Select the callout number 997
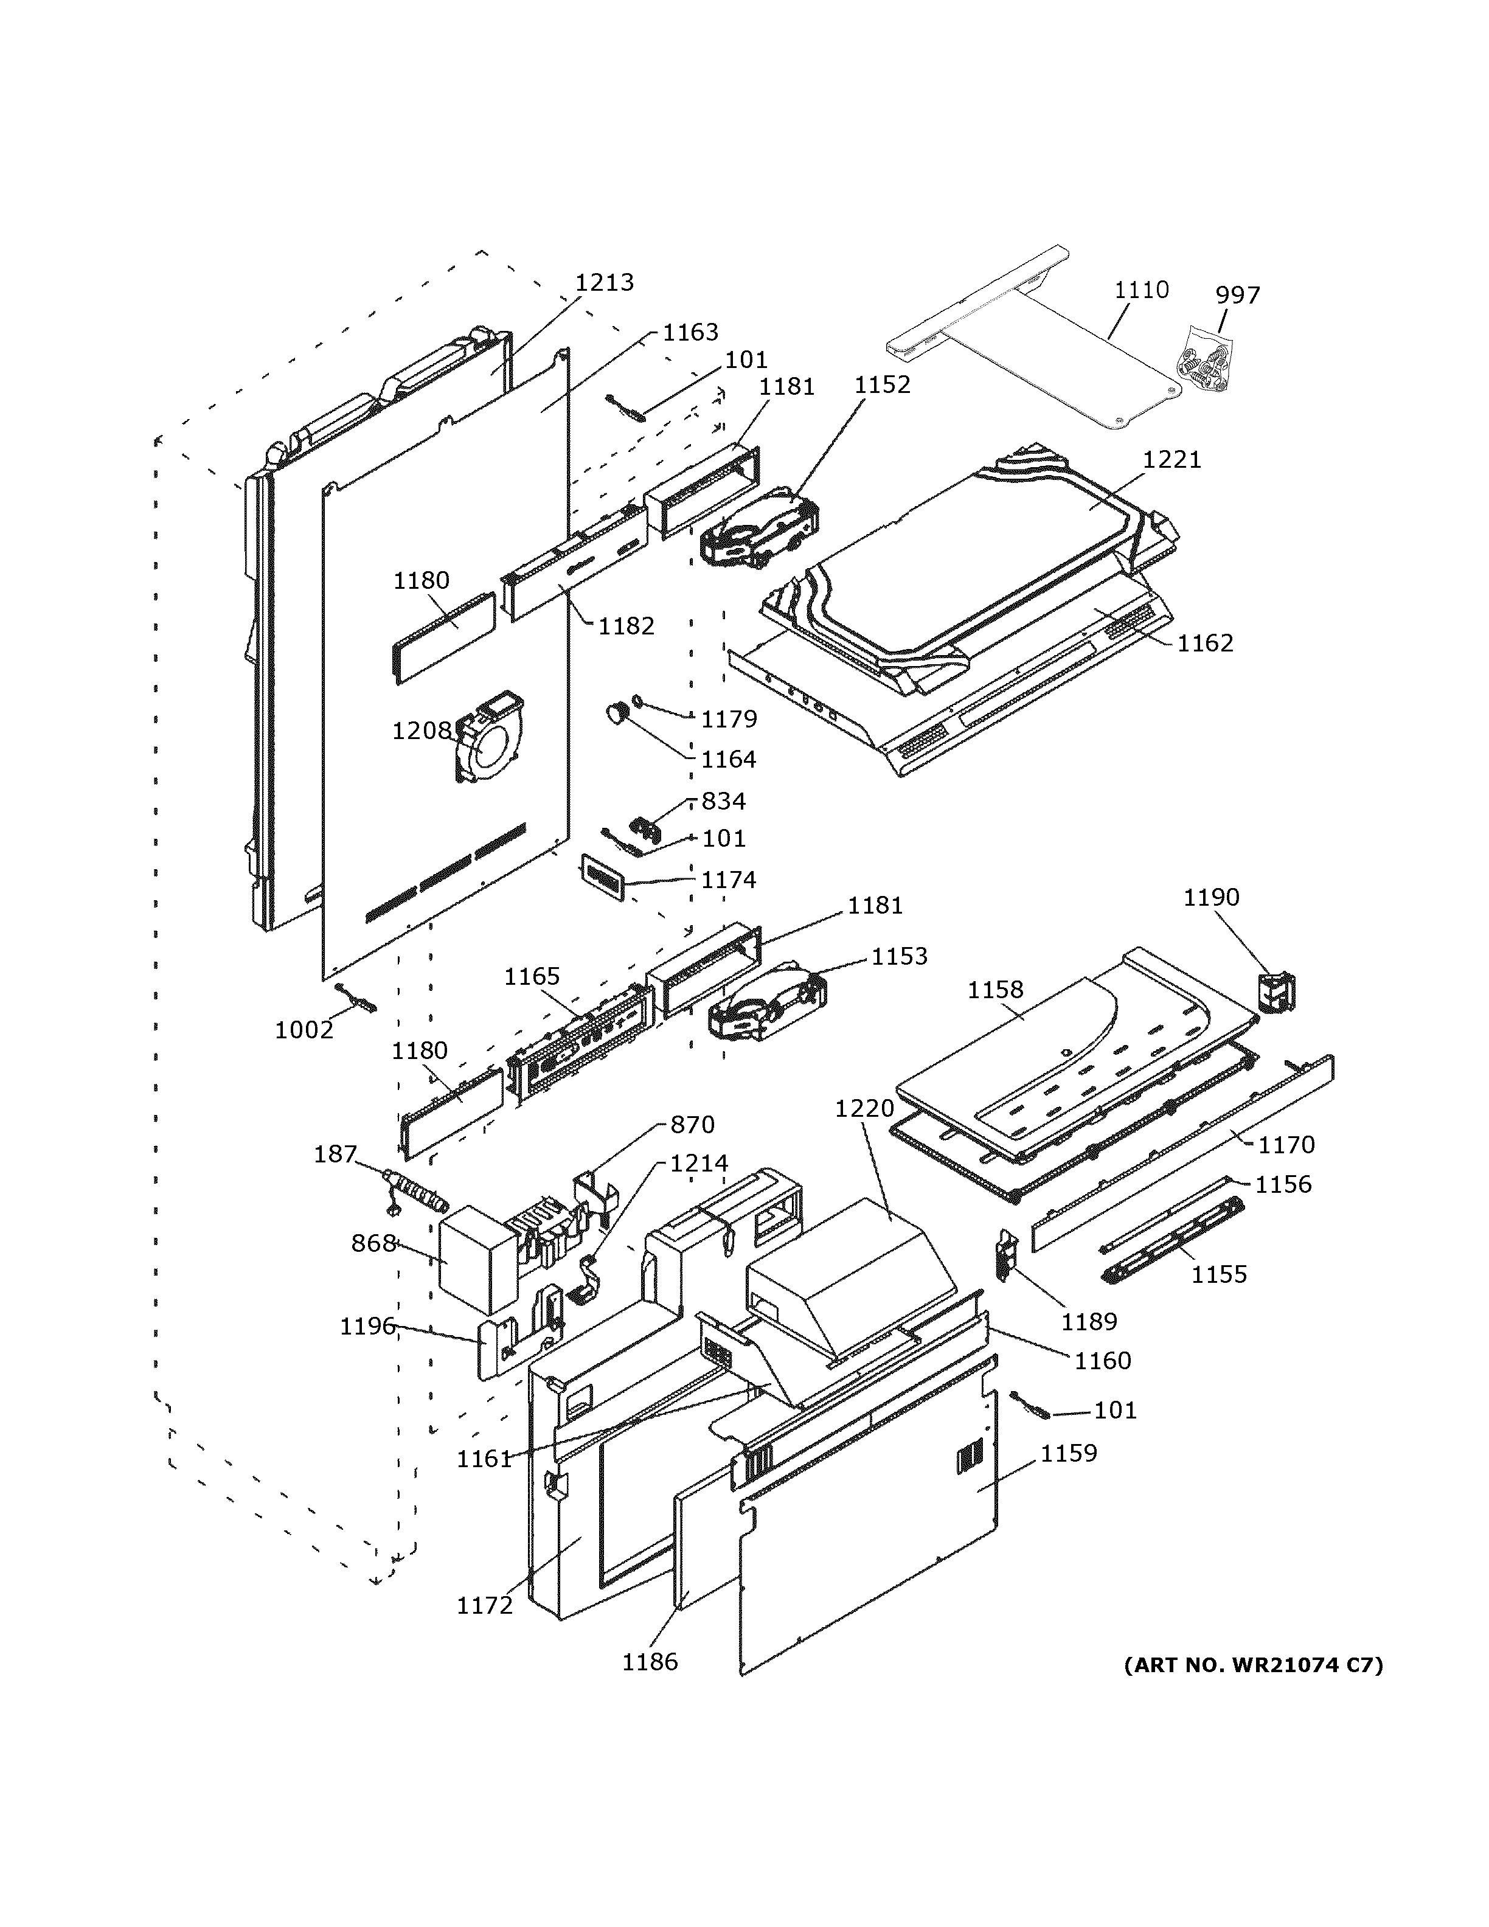tap(1238, 294)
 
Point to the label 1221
tap(1171, 460)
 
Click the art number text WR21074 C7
tap(1252, 1665)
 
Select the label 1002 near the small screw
tap(304, 1030)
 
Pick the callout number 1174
tap(729, 880)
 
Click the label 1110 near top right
tap(1142, 290)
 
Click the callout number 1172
tap(484, 1606)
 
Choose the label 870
tap(692, 1125)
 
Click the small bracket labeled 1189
tap(1005, 1255)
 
